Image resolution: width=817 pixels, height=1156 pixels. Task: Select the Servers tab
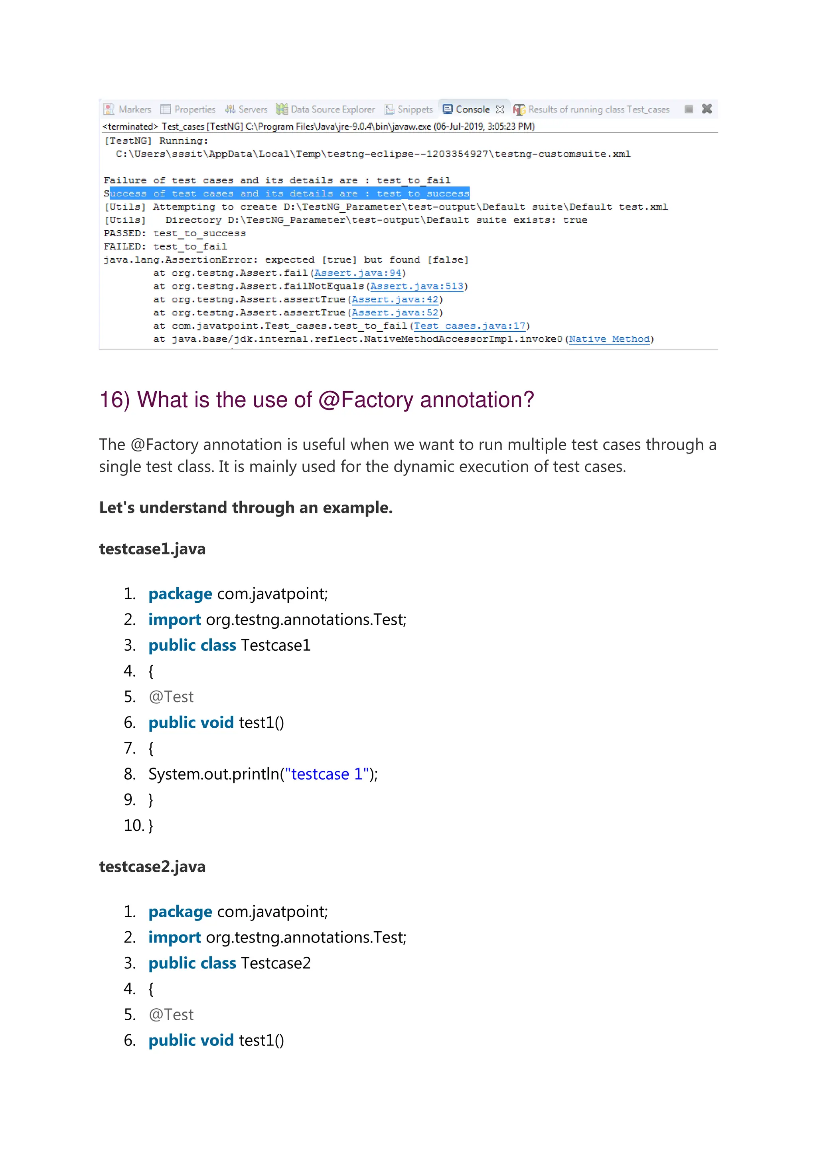[x=247, y=109]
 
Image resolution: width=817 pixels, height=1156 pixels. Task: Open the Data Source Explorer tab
[x=326, y=109]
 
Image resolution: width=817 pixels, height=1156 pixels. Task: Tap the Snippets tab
[x=409, y=109]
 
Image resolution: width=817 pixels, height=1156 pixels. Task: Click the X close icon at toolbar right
[x=706, y=109]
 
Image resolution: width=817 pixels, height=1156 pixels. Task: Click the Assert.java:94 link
[x=358, y=273]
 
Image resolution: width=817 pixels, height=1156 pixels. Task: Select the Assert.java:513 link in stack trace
[x=416, y=286]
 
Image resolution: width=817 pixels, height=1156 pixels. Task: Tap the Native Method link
[x=609, y=339]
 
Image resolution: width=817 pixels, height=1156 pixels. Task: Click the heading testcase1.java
[x=152, y=548]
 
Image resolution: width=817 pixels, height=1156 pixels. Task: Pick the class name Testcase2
[x=276, y=963]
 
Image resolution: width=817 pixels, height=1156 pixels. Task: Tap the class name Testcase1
[x=276, y=645]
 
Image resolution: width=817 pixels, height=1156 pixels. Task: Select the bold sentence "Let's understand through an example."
[x=245, y=507]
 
